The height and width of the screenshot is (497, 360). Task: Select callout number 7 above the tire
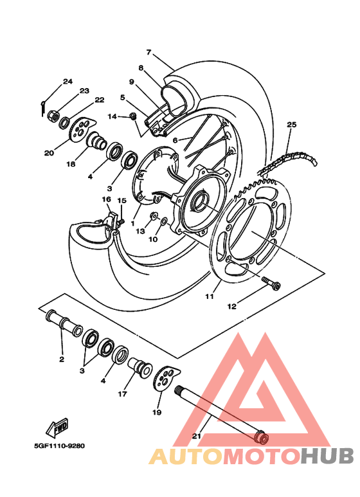pos(148,52)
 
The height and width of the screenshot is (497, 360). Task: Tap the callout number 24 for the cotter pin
pos(67,81)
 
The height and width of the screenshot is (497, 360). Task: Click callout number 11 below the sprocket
pos(209,296)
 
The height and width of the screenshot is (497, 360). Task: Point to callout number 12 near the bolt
pos(232,307)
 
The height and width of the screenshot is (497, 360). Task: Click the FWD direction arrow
pos(57,426)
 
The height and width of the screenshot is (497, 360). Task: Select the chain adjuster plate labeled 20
pos(78,129)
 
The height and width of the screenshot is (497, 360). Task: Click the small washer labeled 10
pos(165,222)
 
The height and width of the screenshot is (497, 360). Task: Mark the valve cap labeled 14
pos(133,116)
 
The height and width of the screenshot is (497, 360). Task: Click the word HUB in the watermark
pos(328,456)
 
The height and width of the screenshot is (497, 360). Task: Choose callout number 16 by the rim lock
pos(107,199)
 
